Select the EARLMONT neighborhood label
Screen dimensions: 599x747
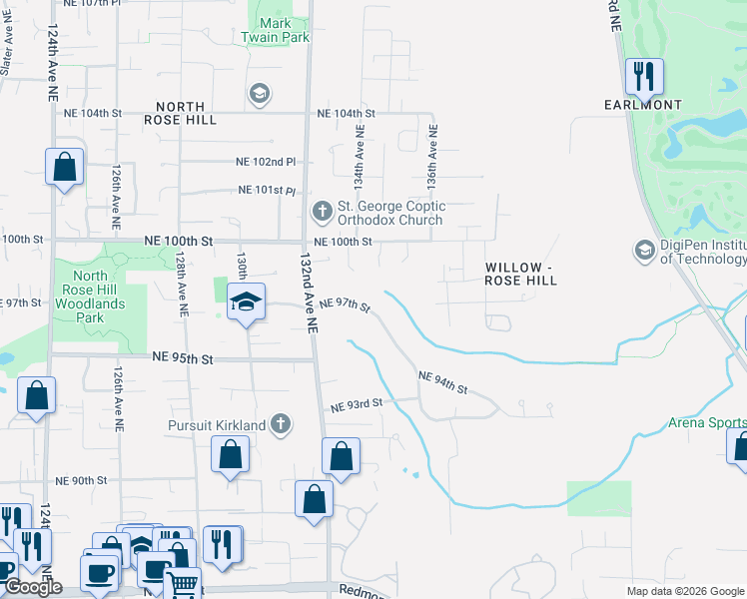[x=643, y=105]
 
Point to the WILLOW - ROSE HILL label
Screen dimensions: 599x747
[x=520, y=275]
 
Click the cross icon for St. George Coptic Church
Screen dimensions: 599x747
[x=322, y=211]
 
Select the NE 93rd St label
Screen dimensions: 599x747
[x=357, y=404]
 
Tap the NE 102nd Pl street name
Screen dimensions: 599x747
[x=267, y=162]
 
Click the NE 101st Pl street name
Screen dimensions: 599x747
[x=267, y=191]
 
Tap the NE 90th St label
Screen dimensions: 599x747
[x=81, y=481]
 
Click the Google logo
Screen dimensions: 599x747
[x=32, y=587]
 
